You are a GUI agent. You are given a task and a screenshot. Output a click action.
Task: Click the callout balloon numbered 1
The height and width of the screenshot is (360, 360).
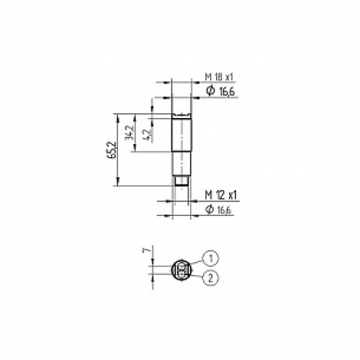(210, 256)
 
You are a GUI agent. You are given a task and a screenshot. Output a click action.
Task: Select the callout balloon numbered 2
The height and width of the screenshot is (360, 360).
(210, 276)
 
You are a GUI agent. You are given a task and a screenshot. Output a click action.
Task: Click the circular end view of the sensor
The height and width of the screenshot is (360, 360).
(181, 270)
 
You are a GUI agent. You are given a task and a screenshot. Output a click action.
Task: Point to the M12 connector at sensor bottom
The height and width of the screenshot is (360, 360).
(183, 184)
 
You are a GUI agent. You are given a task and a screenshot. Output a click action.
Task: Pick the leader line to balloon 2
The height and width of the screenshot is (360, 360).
(195, 274)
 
